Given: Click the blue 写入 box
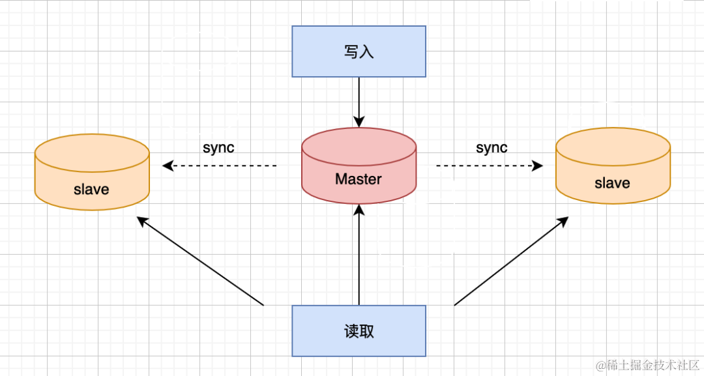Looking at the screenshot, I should [x=359, y=51].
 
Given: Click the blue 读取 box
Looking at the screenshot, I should [x=359, y=331].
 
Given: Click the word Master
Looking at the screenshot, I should [x=359, y=179].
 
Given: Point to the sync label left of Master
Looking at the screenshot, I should [x=218, y=147].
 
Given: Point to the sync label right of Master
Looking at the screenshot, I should [x=491, y=147].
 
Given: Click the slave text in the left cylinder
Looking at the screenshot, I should [x=91, y=190].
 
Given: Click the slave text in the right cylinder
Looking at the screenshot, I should [x=612, y=183].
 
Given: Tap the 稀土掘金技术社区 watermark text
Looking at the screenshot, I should [x=652, y=364].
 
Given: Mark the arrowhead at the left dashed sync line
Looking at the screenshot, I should [x=168, y=166].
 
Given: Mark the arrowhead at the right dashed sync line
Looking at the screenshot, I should [x=538, y=166].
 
